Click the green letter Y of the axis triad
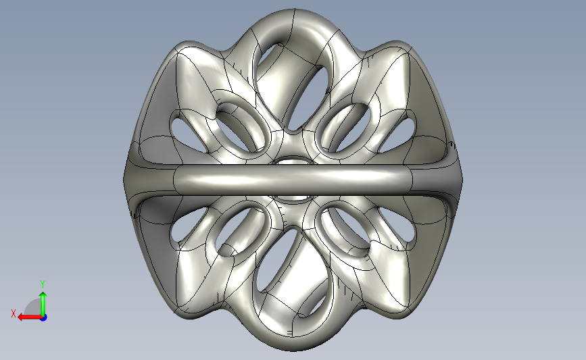pos(43,284)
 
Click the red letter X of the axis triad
pos(14,313)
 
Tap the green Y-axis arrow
pos(43,304)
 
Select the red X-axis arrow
pos(30,317)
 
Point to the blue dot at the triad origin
pos(43,318)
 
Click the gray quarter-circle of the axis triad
pos(33,308)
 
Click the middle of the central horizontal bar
pos(293,179)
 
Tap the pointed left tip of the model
pos(124,180)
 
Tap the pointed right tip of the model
pos(462,180)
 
